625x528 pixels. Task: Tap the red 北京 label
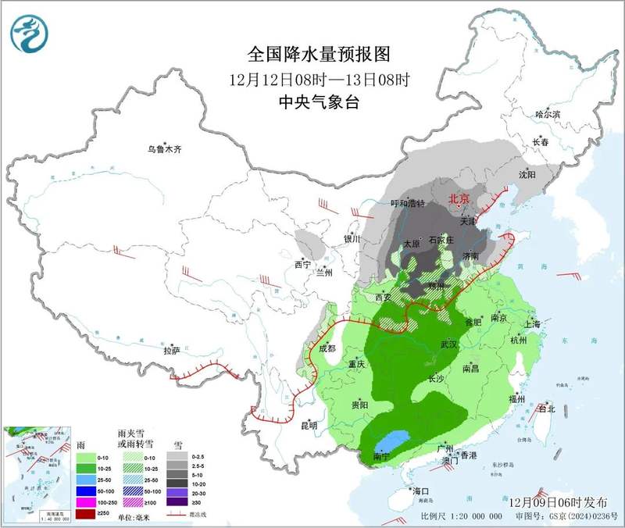click(x=459, y=199)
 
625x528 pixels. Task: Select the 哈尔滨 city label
click(x=547, y=114)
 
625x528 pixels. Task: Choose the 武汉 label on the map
click(x=448, y=344)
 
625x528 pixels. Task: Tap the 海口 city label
click(x=422, y=491)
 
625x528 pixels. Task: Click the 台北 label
click(x=546, y=408)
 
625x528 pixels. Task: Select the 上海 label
click(x=532, y=323)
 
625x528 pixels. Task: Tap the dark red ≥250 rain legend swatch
click(x=85, y=512)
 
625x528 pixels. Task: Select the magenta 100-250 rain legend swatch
click(x=85, y=501)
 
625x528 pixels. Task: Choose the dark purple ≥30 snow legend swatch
click(x=177, y=501)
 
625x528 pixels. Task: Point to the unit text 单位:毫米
click(x=132, y=518)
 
